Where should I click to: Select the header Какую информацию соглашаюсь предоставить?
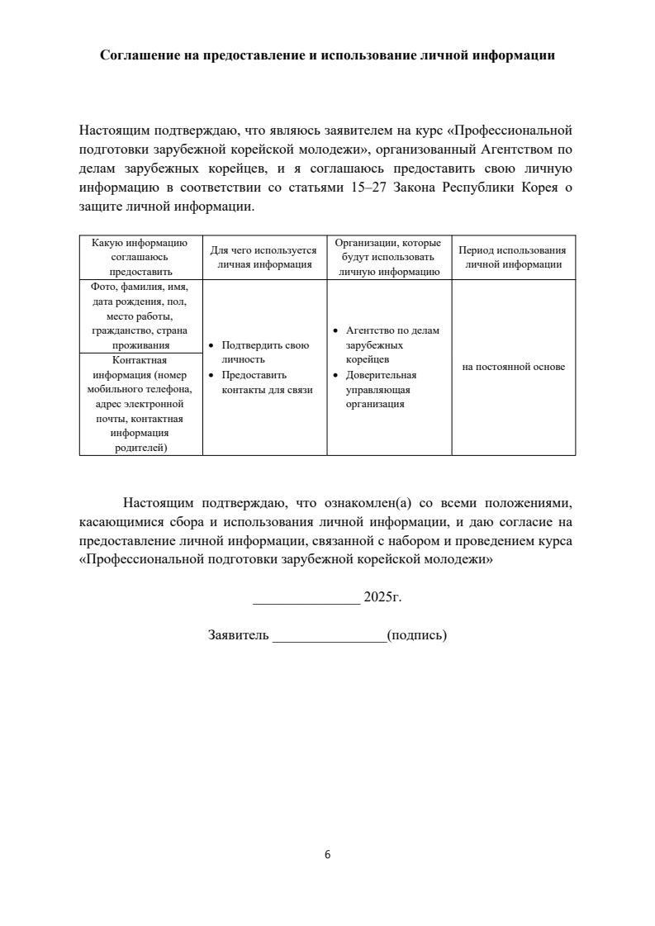[140, 257]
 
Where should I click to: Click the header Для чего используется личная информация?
[264, 257]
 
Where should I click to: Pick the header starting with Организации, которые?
[389, 257]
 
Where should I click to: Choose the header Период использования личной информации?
[513, 257]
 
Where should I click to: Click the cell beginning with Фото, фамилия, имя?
[140, 316]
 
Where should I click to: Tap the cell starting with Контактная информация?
[140, 404]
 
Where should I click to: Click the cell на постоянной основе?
[513, 367]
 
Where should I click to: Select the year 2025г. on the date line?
[382, 596]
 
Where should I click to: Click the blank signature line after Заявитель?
[329, 637]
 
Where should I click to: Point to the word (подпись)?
[417, 636]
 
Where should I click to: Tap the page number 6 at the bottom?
[328, 854]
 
